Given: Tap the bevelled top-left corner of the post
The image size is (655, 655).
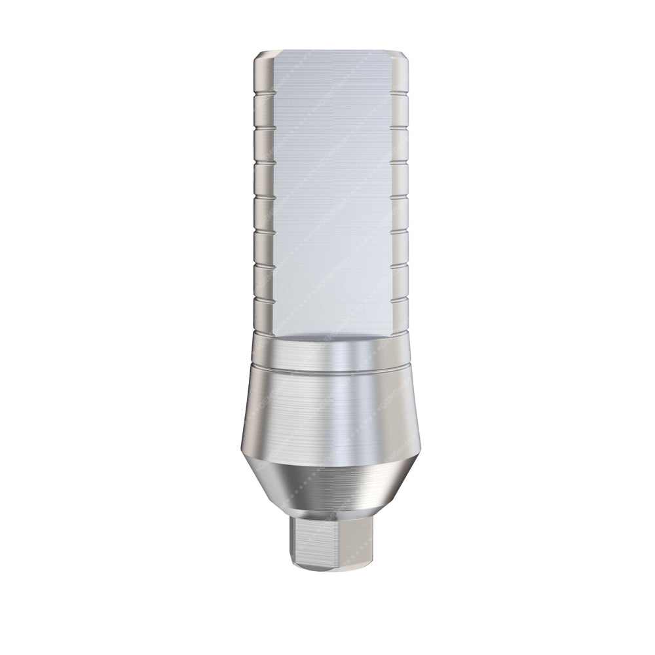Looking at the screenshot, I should click(x=259, y=55).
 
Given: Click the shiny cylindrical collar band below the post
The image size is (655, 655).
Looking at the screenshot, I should click(x=327, y=354).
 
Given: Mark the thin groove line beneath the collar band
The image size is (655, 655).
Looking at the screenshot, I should click(x=327, y=371).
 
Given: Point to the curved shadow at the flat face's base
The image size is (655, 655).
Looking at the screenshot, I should click(x=327, y=336).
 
